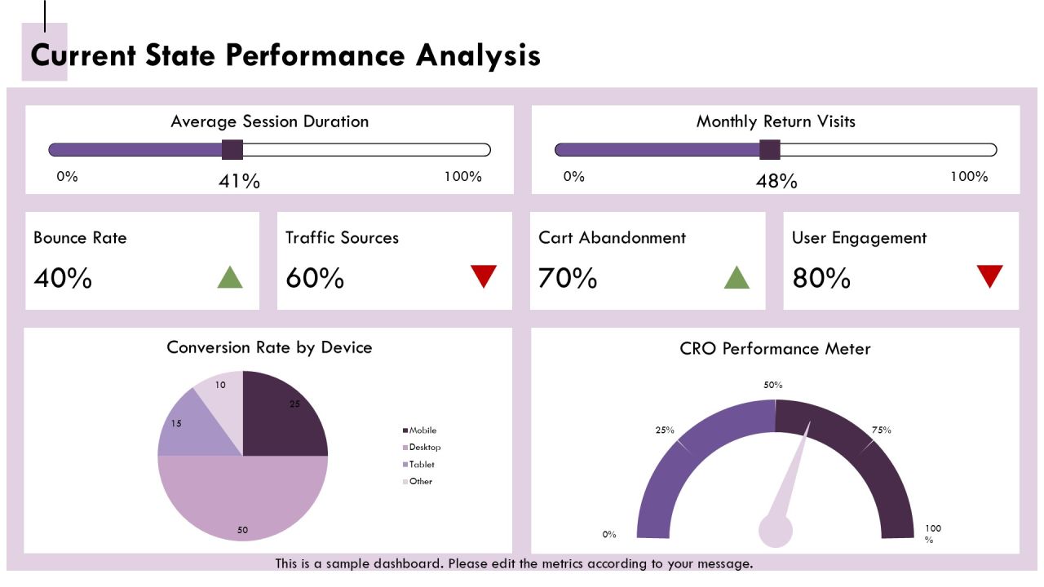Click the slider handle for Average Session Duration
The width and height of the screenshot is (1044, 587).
click(x=232, y=149)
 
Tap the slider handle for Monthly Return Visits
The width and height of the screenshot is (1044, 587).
click(x=769, y=149)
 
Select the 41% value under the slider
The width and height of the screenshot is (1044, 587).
click(x=239, y=181)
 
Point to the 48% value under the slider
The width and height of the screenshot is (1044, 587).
click(x=776, y=181)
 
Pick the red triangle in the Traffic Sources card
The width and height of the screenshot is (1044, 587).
click(x=484, y=275)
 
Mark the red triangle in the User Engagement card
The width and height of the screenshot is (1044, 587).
click(x=989, y=275)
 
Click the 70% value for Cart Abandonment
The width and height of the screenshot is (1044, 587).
click(x=567, y=278)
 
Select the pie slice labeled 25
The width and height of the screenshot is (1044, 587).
click(x=280, y=419)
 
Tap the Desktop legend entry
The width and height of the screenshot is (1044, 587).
click(x=422, y=448)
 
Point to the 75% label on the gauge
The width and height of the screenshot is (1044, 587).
click(x=882, y=430)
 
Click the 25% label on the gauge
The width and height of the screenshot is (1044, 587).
click(x=665, y=430)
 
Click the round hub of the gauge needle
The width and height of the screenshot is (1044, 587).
click(x=776, y=531)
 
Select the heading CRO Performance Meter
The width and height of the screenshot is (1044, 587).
click(x=775, y=348)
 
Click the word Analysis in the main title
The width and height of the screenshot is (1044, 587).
click(x=478, y=56)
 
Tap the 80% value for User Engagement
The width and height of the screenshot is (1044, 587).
click(x=821, y=278)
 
